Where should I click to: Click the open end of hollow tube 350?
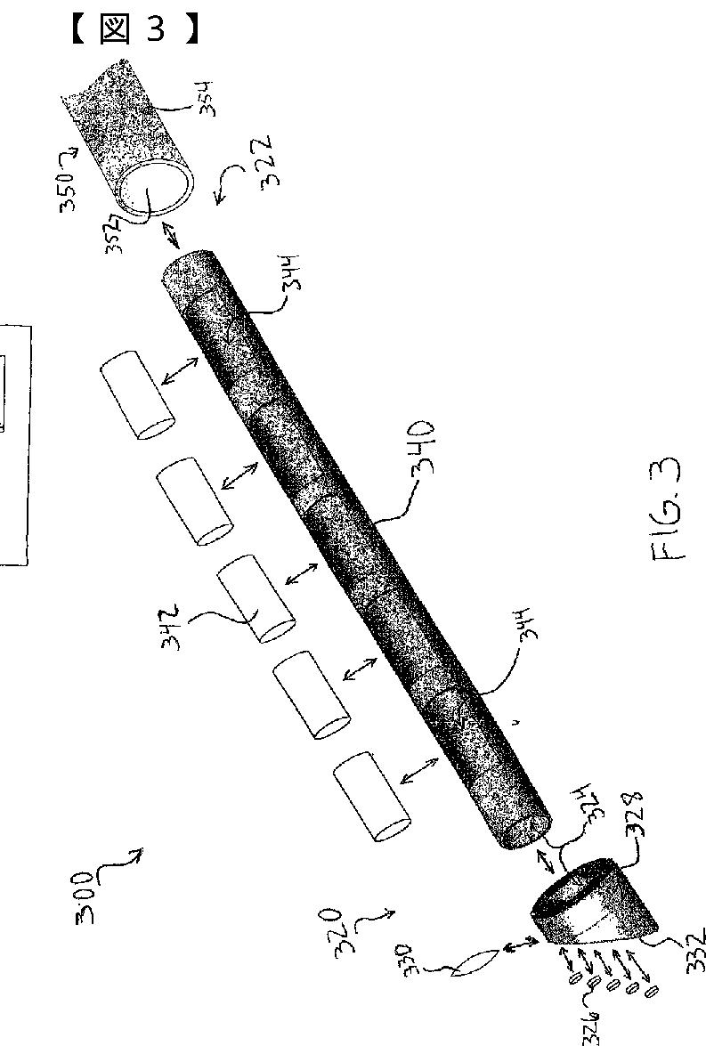[159, 190]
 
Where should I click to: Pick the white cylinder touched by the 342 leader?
[257, 597]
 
